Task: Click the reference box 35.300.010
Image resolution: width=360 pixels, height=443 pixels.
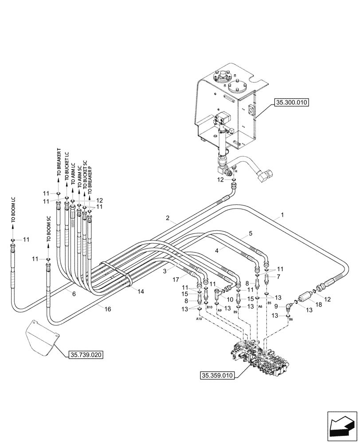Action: point(291,102)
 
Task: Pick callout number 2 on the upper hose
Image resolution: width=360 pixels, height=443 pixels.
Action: point(168,218)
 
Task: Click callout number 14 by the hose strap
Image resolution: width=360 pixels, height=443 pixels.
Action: point(141,291)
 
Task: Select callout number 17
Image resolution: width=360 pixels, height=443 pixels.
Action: point(176,279)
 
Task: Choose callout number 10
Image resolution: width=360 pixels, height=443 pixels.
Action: point(230,300)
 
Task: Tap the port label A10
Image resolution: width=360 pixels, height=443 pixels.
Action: point(199,318)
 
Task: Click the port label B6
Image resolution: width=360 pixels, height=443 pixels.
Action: point(291,319)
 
